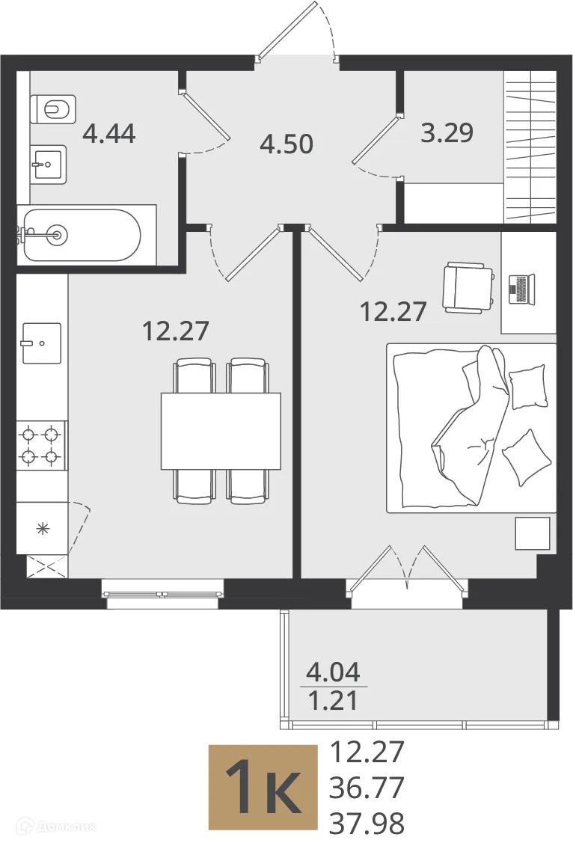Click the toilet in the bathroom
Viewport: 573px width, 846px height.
pyautogui.click(x=52, y=109)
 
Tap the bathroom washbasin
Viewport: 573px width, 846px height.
pyautogui.click(x=49, y=165)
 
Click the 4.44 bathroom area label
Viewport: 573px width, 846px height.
pyautogui.click(x=109, y=132)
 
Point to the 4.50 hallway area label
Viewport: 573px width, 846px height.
pyautogui.click(x=286, y=144)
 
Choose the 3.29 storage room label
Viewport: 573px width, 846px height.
pyautogui.click(x=447, y=132)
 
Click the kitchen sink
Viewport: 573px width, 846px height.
pyautogui.click(x=42, y=343)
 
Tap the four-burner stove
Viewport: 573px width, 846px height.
pyautogui.click(x=40, y=446)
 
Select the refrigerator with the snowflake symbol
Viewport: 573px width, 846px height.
pyautogui.click(x=42, y=527)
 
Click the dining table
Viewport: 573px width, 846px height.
pyautogui.click(x=221, y=431)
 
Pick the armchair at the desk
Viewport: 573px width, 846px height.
pyautogui.click(x=468, y=287)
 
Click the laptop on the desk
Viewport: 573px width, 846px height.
pyautogui.click(x=521, y=289)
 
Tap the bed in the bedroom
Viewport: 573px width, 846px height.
pyautogui.click(x=471, y=428)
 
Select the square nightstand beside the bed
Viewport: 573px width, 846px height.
pyautogui.click(x=532, y=533)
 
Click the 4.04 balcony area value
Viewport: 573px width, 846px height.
pyautogui.click(x=333, y=672)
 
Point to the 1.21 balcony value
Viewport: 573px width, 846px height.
pyautogui.click(x=333, y=701)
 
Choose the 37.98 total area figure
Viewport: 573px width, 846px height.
pyautogui.click(x=367, y=824)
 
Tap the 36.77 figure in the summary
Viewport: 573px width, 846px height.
pyautogui.click(x=367, y=788)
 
